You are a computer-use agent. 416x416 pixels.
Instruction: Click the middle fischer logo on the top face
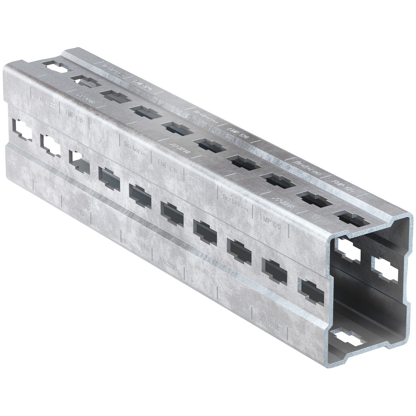click(x=206, y=116)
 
